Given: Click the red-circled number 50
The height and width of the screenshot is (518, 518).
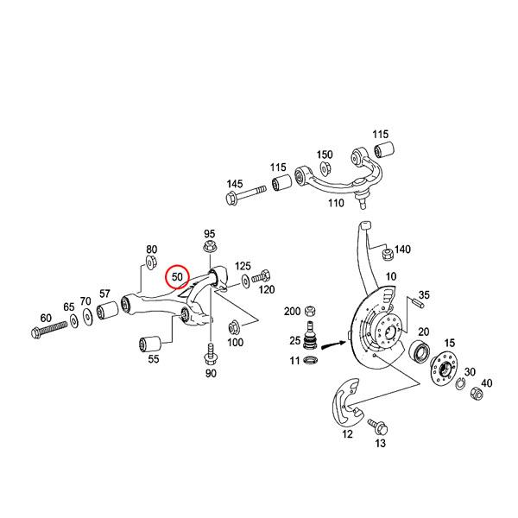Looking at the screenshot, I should point(178,277).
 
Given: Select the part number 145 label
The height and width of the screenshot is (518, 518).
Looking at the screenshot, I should point(235,185).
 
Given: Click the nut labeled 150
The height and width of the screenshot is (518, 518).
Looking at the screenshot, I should point(325,167).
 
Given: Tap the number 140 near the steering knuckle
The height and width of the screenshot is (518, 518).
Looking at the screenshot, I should point(402,250).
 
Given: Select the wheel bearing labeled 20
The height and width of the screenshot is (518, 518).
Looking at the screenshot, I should point(420,351).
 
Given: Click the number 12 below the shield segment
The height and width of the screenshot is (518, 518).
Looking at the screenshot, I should point(347,435).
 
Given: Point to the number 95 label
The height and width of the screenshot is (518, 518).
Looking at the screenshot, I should point(209,234).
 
